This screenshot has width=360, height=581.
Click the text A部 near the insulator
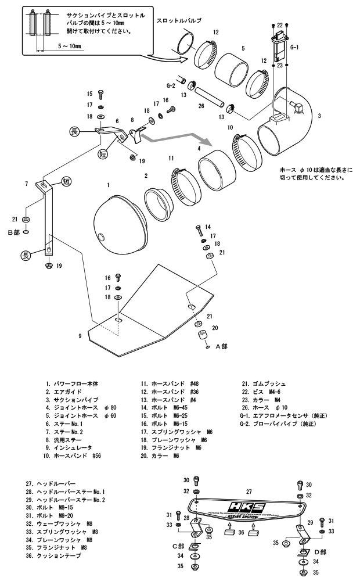pyautogui.click(x=222, y=346)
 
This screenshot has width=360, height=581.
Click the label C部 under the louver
pyautogui.click(x=178, y=546)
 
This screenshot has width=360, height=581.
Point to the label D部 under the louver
pyautogui.click(x=320, y=551)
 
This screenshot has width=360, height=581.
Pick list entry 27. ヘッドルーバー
pyautogui.click(x=56, y=482)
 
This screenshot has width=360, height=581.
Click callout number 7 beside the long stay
pyautogui.click(x=27, y=184)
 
